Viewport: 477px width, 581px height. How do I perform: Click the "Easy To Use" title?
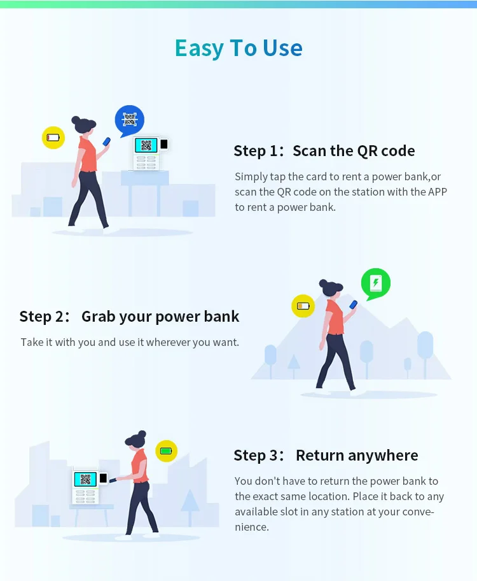[x=238, y=48]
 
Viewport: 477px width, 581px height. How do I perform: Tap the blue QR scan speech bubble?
[x=129, y=120]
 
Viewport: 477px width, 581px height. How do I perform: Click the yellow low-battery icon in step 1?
[x=53, y=137]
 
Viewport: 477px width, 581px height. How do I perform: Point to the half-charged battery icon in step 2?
[x=303, y=306]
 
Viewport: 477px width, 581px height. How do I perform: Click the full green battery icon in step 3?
[x=166, y=451]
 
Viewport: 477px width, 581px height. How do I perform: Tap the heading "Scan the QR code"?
[x=354, y=151]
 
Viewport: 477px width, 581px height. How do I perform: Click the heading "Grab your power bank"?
[x=160, y=317]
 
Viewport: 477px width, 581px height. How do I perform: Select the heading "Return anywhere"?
[x=357, y=455]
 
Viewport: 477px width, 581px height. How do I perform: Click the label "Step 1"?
[x=256, y=151]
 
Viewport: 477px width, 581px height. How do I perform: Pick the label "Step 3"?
[x=256, y=455]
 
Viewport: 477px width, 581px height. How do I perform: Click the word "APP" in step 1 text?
[x=437, y=192]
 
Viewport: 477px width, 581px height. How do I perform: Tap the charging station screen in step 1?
[x=146, y=145]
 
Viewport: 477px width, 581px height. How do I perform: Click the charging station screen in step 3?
[x=85, y=478]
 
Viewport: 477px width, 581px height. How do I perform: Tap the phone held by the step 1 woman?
[x=107, y=141]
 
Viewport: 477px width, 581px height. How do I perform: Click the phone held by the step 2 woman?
[x=354, y=305]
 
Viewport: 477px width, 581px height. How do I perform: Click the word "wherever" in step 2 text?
[x=163, y=342]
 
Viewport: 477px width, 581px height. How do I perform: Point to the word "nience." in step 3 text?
[x=252, y=527]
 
